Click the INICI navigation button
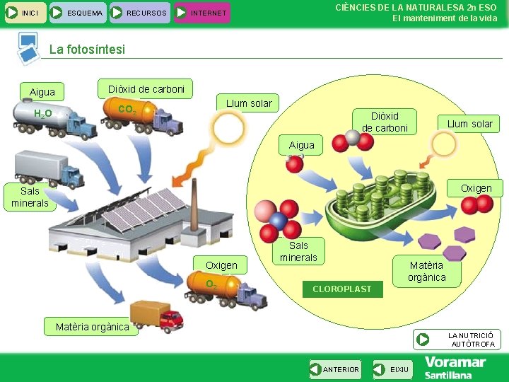25,13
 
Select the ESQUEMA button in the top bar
78,13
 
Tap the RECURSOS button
138,13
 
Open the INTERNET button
202,13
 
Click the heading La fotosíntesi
87,50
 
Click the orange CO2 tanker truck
145,113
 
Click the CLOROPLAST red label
341,289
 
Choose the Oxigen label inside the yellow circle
476,188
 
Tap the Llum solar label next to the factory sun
248,103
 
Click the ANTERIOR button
335,369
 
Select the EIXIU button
393,369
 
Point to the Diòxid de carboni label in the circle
385,122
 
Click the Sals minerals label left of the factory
30,197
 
